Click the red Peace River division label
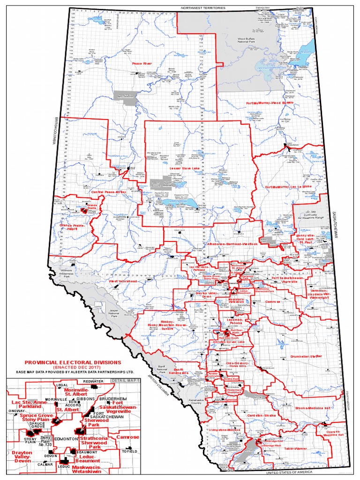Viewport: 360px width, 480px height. tap(142, 63)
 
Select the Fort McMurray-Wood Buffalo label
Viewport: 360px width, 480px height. tap(270, 102)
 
